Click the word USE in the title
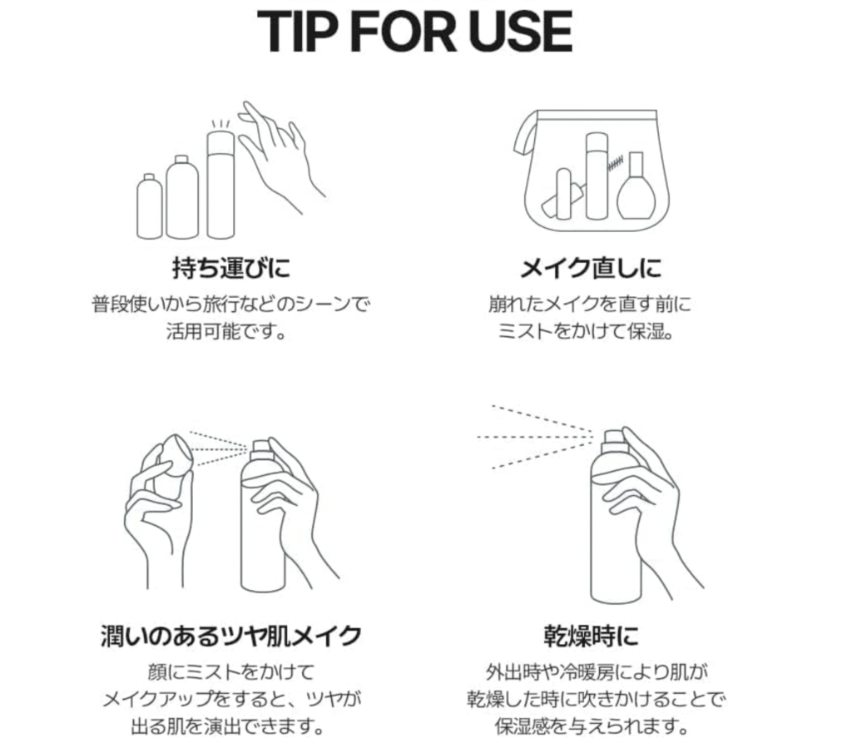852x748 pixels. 521,32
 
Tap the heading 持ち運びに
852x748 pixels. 231,268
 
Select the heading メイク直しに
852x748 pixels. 591,268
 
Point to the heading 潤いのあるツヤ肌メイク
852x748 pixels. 231,636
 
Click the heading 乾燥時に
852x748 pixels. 591,636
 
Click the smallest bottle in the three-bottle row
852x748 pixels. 150,206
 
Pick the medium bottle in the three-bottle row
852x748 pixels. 182,197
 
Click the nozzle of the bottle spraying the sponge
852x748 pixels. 260,446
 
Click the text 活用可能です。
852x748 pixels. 226,331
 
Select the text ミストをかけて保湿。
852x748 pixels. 586,331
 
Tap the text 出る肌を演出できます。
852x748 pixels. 228,726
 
